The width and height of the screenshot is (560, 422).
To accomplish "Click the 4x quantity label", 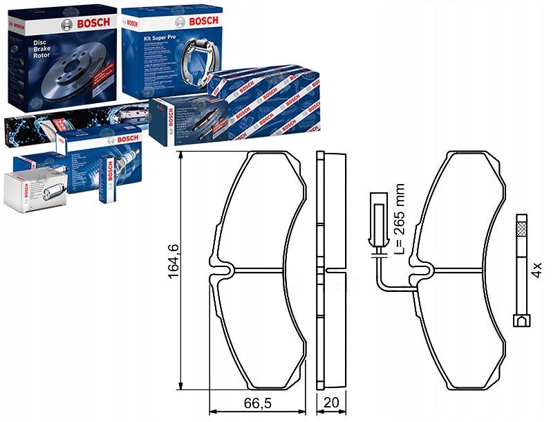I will [x=538, y=270].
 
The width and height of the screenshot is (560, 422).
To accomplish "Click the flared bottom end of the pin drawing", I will [x=521, y=320].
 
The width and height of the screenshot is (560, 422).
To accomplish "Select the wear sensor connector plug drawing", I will [x=377, y=221].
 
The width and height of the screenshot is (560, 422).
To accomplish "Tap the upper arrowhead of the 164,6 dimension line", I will [x=181, y=156].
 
